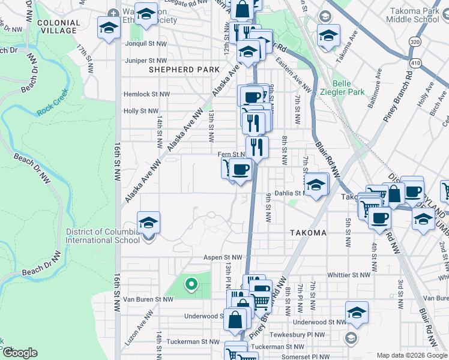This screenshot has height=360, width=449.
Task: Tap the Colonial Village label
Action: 58,26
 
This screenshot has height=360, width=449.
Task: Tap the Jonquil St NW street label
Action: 146,44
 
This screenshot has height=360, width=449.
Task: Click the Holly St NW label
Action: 140,111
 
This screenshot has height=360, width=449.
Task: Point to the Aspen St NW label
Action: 224,256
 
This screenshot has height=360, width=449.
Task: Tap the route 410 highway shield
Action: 415,62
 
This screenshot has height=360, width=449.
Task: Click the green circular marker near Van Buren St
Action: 191,284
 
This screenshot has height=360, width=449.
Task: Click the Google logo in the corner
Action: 20,353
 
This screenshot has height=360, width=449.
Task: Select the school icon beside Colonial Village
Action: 109,28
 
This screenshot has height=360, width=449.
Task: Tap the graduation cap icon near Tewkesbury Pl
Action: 357,313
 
